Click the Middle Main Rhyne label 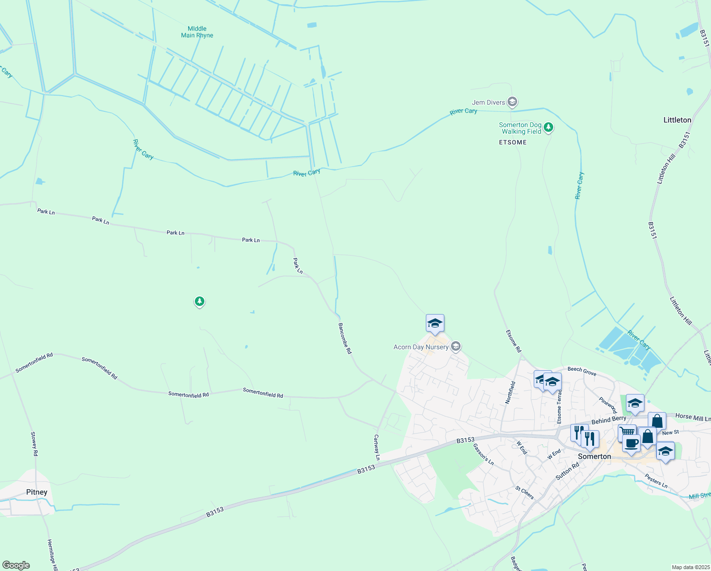tap(197, 32)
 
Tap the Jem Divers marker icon tap(512, 102)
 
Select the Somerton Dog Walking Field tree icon tap(548, 127)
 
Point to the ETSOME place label tap(513, 142)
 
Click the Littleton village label tap(677, 120)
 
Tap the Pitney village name tap(37, 492)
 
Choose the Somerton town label tap(594, 456)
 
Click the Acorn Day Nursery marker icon tap(456, 346)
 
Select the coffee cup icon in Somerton tap(631, 443)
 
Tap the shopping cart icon tap(626, 433)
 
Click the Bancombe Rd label tap(345, 338)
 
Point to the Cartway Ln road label tap(377, 447)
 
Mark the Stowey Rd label tap(34, 444)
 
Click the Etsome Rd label tap(514, 341)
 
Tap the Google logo tap(16, 565)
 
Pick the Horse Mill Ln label tap(692, 417)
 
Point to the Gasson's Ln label tap(483, 454)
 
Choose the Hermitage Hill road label tap(52, 555)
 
